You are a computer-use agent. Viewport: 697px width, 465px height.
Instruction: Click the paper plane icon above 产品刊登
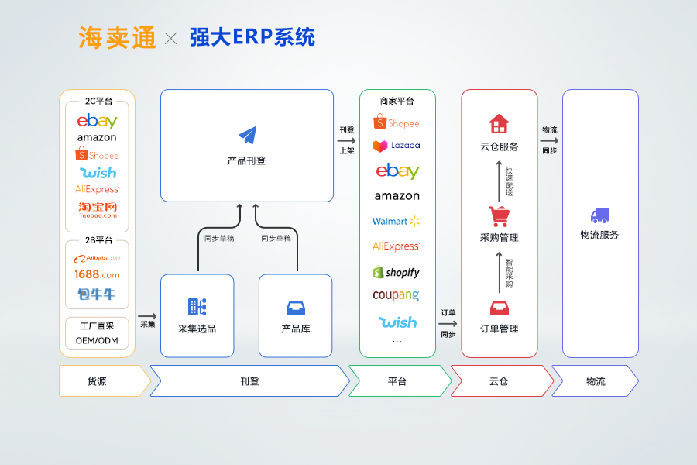click(x=247, y=136)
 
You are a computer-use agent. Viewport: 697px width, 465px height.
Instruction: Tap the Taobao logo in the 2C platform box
click(x=98, y=210)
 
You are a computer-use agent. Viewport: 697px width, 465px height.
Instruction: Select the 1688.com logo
click(x=98, y=274)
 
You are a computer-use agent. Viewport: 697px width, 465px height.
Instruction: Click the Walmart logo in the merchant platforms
click(x=396, y=221)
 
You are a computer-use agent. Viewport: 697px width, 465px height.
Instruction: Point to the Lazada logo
click(x=397, y=146)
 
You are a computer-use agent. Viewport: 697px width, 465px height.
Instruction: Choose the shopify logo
click(x=397, y=272)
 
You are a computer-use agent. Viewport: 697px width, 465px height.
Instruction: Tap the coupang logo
click(x=396, y=295)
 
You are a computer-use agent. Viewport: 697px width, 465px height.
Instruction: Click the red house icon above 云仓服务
click(x=499, y=124)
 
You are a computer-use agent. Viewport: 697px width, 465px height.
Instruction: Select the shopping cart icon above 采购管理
click(x=499, y=215)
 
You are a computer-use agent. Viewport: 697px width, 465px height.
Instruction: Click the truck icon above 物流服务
click(x=599, y=215)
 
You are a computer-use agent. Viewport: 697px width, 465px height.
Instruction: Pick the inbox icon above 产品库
click(x=296, y=308)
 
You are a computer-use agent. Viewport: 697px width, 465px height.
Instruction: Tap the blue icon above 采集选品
click(x=197, y=307)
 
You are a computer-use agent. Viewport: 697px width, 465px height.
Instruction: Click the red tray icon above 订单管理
click(x=499, y=308)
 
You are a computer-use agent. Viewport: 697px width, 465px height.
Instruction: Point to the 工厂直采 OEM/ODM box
click(x=98, y=333)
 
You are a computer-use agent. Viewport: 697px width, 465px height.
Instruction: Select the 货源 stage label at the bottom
click(x=98, y=381)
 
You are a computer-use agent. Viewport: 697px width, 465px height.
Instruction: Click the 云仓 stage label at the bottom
click(x=499, y=381)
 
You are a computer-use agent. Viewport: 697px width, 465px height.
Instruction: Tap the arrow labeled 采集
click(x=147, y=316)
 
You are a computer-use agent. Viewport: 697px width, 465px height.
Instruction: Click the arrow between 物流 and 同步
click(x=550, y=140)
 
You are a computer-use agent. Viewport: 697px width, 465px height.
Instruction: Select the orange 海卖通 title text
click(x=117, y=38)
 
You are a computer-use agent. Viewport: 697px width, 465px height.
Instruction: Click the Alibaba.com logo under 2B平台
click(x=98, y=257)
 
